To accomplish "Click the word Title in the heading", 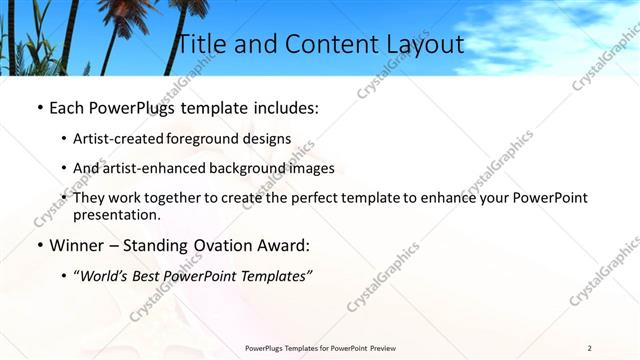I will [203, 44].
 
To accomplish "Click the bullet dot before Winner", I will [40, 245].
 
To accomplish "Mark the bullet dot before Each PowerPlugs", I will [40, 106].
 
